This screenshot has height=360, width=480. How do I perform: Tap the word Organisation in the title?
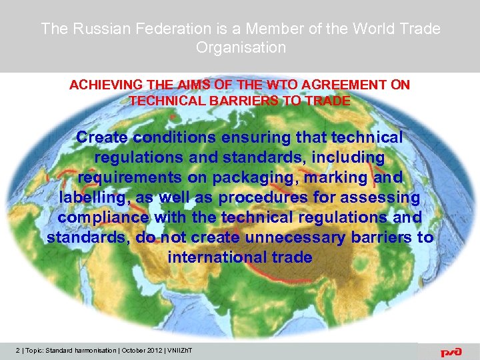[241, 47]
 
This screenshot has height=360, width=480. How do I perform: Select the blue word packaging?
[249, 177]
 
